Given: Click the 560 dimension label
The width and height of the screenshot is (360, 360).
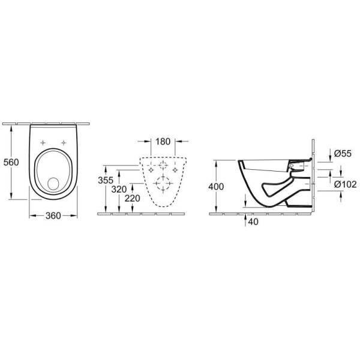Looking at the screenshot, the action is pos(11,163).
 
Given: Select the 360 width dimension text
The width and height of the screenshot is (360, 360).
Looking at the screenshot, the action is pos(53,216).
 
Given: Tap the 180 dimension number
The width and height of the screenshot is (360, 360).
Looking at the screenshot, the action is pos(163,142).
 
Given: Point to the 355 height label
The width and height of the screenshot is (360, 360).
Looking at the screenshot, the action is pos(106,180).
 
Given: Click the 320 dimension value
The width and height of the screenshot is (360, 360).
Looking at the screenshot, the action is pos(119,190).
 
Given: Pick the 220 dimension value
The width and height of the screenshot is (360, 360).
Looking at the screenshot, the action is pos(132,199).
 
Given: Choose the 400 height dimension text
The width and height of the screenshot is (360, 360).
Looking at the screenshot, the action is pos(216,187).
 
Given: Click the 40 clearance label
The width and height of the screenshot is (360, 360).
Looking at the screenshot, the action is pos(253,221).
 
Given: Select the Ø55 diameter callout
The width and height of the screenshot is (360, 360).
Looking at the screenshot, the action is pos(343,154).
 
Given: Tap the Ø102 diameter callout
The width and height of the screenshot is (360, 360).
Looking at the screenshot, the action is pos(346,184).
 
